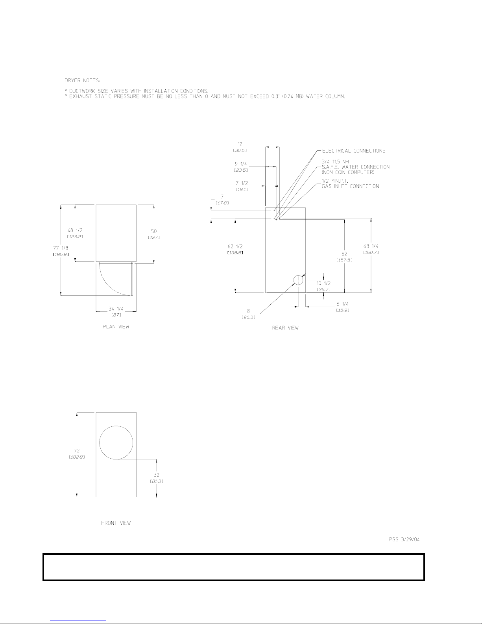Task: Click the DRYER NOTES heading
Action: tap(82, 80)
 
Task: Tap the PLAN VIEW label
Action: tap(116, 326)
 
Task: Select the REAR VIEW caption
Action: tap(285, 328)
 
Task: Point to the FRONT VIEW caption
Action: tap(116, 523)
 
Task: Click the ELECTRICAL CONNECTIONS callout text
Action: tap(354, 151)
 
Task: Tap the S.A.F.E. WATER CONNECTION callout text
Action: tap(355, 167)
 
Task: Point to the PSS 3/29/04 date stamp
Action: tap(404, 539)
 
